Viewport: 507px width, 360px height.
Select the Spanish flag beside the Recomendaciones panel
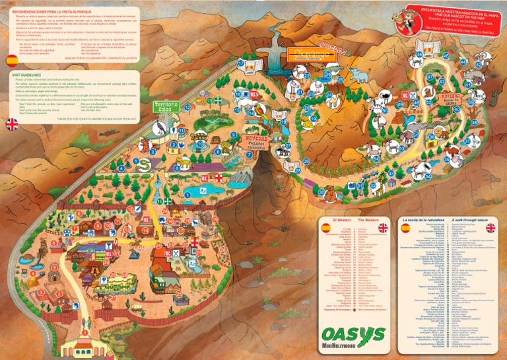12,60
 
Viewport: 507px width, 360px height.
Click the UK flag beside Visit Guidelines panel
12,124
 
